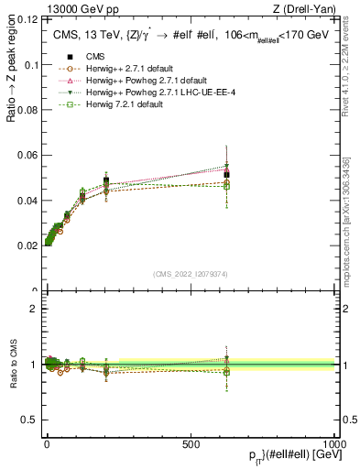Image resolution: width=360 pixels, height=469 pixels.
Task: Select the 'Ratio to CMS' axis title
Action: [14, 365]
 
